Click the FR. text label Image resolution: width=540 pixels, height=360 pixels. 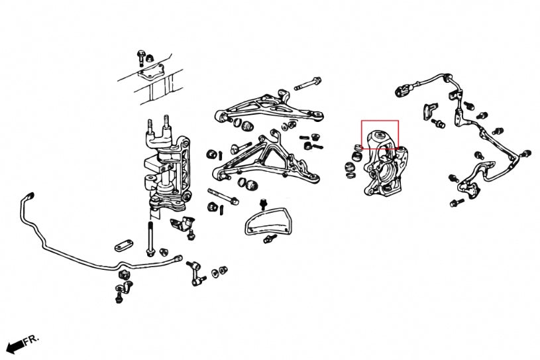click(x=30, y=339)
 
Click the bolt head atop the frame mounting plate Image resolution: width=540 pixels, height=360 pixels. click(x=141, y=55)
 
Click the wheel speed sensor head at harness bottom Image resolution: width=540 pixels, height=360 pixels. click(x=471, y=192)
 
